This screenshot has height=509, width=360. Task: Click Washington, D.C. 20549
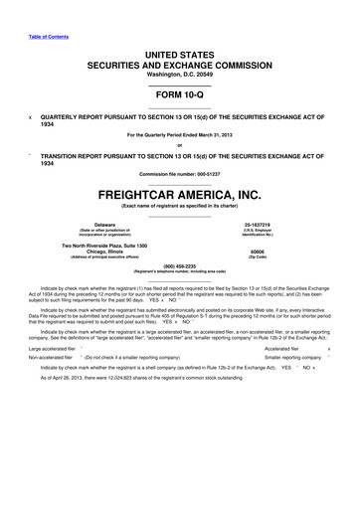coord(179,62)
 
